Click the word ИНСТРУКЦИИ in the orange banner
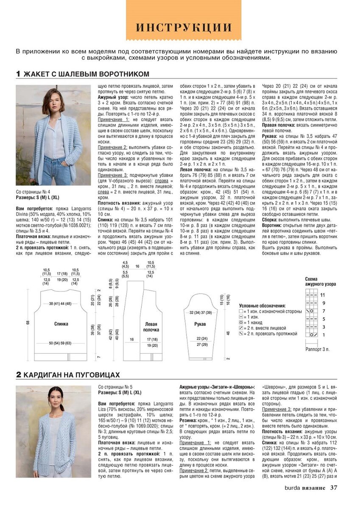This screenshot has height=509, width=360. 184,27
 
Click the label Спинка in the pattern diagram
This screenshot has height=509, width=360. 61,324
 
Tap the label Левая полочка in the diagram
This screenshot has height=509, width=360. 151,327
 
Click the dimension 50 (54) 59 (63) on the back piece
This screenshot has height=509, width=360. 60,343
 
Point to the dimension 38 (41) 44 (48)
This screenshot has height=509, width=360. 60,304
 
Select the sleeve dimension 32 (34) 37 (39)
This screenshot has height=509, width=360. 201,312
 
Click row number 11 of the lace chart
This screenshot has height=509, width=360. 322,295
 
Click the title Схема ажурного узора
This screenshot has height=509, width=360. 320,281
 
